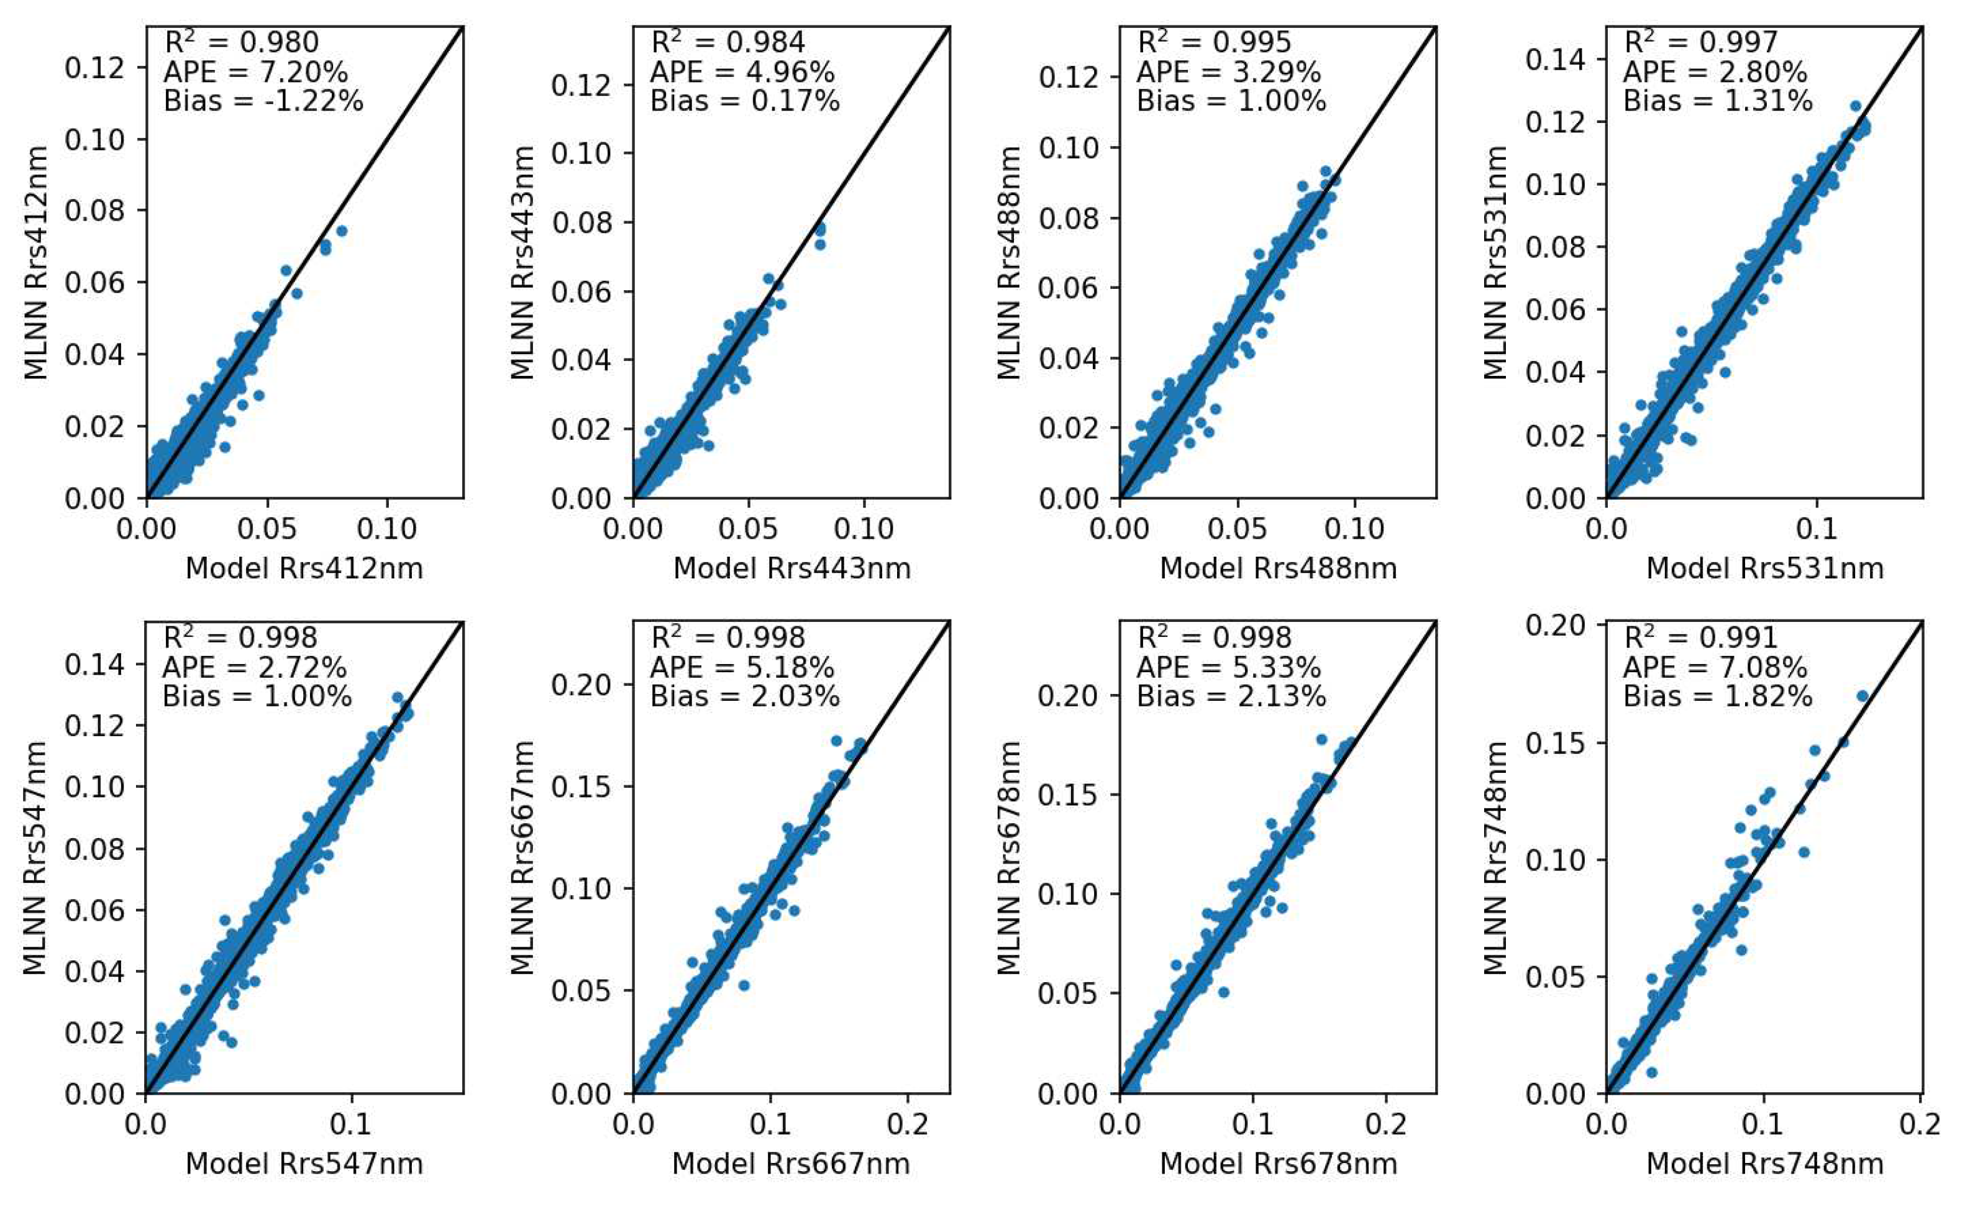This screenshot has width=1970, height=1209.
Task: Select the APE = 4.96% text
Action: click(x=742, y=73)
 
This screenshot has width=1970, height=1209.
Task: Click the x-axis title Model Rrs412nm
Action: click(x=304, y=568)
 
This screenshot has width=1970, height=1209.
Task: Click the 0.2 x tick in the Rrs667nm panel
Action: click(x=908, y=1125)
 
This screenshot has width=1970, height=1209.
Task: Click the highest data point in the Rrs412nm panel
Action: click(x=342, y=230)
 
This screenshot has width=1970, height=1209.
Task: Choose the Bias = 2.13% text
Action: click(x=1231, y=696)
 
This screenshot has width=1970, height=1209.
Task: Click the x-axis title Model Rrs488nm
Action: click(x=1278, y=568)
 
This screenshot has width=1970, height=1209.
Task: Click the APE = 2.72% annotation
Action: click(x=254, y=668)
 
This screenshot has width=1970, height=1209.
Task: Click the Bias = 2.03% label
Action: click(x=744, y=696)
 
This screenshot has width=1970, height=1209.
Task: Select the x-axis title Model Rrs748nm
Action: click(x=1764, y=1164)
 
